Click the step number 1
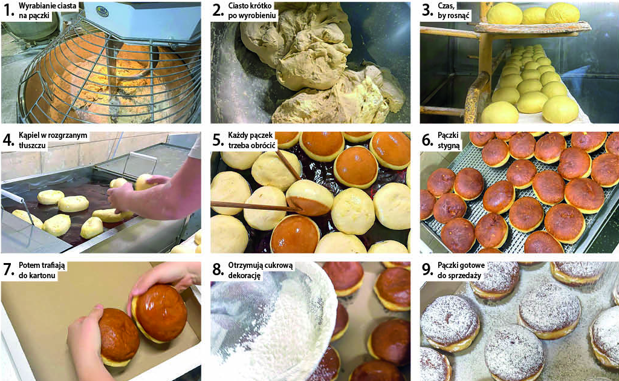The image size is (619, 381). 8,10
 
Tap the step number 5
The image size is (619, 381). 218,140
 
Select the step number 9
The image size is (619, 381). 428,269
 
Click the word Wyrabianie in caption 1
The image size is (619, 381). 37,6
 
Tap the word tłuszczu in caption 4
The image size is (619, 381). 33,145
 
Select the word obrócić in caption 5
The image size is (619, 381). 262,145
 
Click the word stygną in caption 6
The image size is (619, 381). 449,145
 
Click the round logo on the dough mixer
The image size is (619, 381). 102,11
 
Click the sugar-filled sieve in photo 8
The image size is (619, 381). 273,320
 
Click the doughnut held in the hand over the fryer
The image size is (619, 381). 145,181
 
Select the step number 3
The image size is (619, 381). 428,10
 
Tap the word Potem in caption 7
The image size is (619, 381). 30,265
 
